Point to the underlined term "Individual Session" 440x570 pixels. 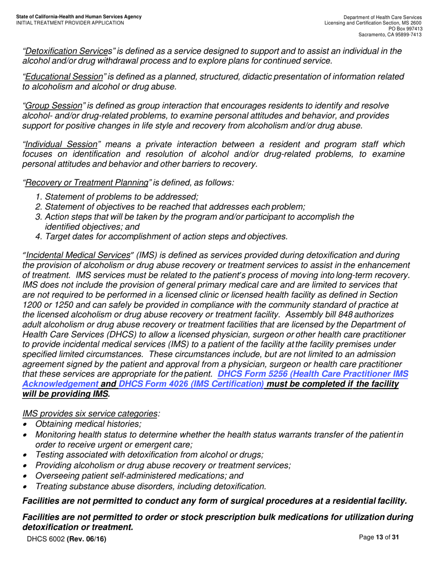click(62, 145)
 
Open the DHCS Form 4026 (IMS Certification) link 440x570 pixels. click(191, 384)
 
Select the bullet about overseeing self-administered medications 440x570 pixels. click(139, 475)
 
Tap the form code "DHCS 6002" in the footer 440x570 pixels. click(46, 538)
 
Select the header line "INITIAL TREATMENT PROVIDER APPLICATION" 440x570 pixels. click(70, 23)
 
